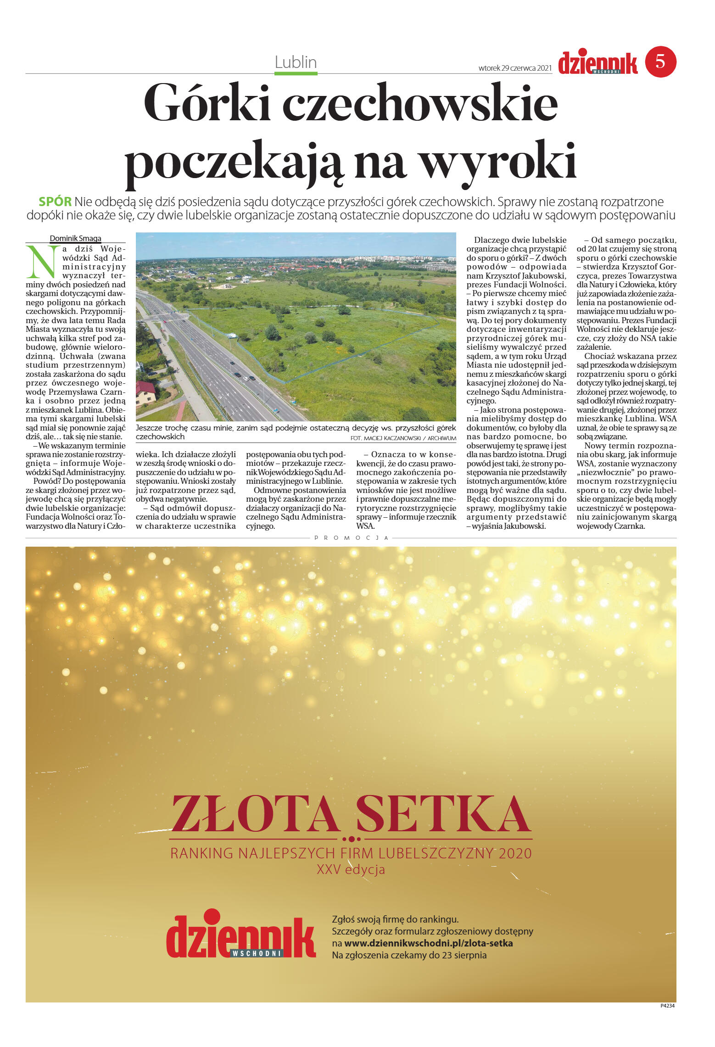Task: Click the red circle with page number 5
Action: point(660,62)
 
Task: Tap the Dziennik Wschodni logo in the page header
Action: point(598,63)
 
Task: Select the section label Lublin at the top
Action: point(296,62)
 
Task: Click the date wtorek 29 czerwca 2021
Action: point(514,68)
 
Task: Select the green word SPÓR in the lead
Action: point(55,202)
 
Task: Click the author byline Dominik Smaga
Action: point(75,238)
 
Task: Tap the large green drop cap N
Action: point(42,262)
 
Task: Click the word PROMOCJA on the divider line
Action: point(351,537)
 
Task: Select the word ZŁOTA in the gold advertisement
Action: point(254,815)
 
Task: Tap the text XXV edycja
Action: point(351,869)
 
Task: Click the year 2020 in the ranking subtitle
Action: point(514,853)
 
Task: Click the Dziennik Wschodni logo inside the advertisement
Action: point(240,936)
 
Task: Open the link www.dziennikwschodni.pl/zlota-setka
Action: point(428,943)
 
